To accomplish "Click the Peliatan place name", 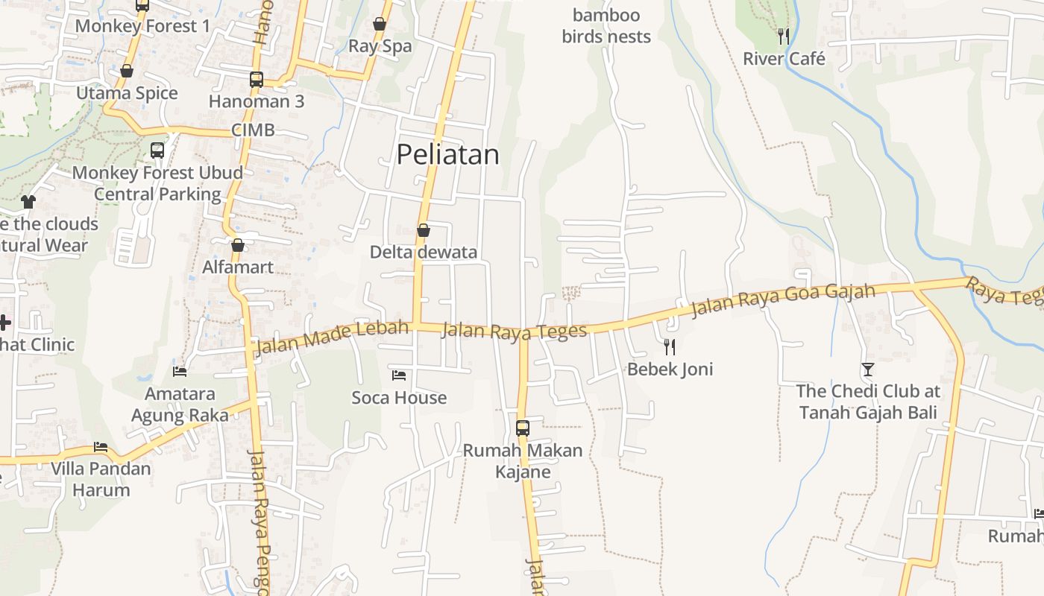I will (447, 154).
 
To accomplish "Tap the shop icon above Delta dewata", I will (424, 230).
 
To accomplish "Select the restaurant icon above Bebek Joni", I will (670, 346).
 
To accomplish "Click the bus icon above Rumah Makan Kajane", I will (523, 428).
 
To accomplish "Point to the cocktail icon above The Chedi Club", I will (867, 369).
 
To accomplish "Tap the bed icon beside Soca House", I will (399, 375).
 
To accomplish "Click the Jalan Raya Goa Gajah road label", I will (783, 299).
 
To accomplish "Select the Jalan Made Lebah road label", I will (333, 337).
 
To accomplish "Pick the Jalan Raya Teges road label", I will (515, 331).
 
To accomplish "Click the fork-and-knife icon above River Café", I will (783, 36).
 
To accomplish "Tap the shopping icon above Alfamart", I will (238, 245).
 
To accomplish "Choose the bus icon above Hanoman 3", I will (257, 79).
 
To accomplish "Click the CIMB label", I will (253, 130).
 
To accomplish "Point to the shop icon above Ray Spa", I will (380, 24).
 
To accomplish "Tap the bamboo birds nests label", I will (606, 26).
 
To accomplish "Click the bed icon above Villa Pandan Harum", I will (101, 447).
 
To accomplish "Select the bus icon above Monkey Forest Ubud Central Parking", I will (157, 150).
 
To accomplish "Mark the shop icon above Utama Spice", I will (127, 71).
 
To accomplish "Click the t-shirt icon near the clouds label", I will (28, 201).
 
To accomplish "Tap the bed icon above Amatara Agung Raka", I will (180, 371).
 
